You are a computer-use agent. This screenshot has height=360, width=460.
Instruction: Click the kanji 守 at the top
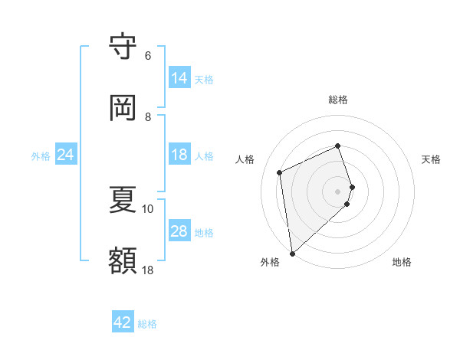[123, 47]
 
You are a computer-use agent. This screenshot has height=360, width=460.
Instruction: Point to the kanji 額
[123, 260]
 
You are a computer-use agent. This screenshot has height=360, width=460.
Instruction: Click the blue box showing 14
[179, 78]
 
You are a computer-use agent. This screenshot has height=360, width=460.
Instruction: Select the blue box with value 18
[179, 155]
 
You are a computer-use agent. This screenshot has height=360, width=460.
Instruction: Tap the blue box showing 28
[179, 231]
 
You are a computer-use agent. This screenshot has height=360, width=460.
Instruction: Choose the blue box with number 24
[66, 155]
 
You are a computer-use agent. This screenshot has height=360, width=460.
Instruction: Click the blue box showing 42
[123, 322]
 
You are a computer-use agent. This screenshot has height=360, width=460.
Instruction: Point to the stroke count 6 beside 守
[148, 56]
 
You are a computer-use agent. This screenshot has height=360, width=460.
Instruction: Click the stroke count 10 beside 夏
[148, 208]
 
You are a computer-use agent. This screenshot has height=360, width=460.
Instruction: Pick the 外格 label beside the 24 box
[41, 155]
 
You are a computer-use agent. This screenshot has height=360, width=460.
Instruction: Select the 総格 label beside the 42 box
[147, 324]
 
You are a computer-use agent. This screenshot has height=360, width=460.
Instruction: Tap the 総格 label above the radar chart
[338, 100]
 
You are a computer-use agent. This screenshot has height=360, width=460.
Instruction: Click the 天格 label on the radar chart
[431, 159]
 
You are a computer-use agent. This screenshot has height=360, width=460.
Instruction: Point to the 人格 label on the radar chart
[245, 159]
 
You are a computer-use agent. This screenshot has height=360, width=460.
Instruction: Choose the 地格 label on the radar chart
[402, 262]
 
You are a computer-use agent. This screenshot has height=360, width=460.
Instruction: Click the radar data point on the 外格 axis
[292, 253]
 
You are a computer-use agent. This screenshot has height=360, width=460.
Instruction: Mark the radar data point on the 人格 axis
[280, 172]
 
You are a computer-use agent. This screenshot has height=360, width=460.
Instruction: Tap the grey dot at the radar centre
[338, 190]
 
